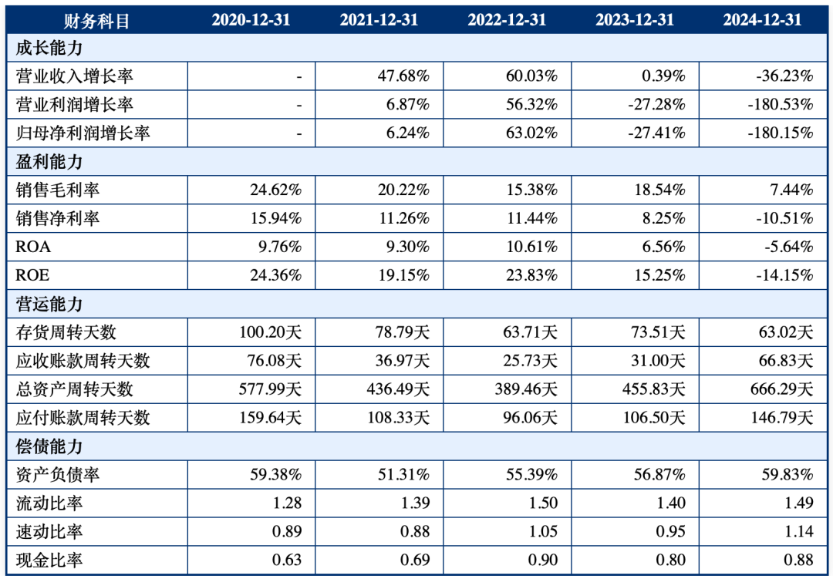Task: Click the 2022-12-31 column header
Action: tap(506, 20)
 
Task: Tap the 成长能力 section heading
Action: tap(49, 48)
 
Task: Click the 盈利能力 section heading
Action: tap(49, 162)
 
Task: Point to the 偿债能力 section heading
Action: tap(49, 446)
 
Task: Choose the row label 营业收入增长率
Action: tap(75, 76)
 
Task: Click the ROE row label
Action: tap(32, 275)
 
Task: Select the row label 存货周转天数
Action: tap(66, 332)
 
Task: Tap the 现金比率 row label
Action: tap(49, 560)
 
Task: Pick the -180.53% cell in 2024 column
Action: tap(781, 104)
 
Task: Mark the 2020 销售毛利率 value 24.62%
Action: tap(275, 190)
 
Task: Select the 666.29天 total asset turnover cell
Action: tap(782, 389)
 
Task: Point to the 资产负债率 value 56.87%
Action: tap(659, 474)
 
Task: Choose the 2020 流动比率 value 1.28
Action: tap(287, 503)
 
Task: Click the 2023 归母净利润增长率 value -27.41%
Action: tap(656, 133)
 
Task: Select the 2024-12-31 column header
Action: tap(762, 20)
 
